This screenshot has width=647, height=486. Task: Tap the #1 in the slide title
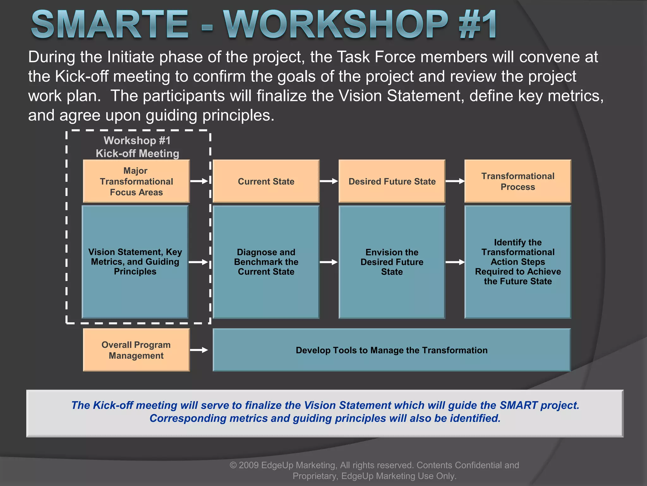(478, 25)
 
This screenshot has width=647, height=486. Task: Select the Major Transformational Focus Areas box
(136, 181)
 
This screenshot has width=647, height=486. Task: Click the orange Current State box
(266, 181)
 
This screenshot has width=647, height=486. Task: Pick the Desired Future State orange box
(392, 181)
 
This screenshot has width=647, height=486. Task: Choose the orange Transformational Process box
(517, 181)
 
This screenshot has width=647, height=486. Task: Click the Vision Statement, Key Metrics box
(135, 262)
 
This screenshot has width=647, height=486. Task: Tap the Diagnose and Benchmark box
(266, 262)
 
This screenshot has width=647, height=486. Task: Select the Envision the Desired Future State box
(392, 262)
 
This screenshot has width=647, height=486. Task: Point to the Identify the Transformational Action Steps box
(517, 262)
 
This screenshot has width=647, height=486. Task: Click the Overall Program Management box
(136, 350)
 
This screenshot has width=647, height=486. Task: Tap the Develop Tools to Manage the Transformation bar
(391, 350)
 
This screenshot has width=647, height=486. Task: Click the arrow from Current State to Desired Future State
(329, 181)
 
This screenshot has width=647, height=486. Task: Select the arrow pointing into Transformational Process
(455, 181)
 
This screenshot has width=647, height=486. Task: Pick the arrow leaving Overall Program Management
(199, 350)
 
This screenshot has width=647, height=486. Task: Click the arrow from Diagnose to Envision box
(329, 262)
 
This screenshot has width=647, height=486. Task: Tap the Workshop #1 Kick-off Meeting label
(137, 147)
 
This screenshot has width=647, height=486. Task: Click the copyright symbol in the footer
(233, 465)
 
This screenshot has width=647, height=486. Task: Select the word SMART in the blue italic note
(518, 405)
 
